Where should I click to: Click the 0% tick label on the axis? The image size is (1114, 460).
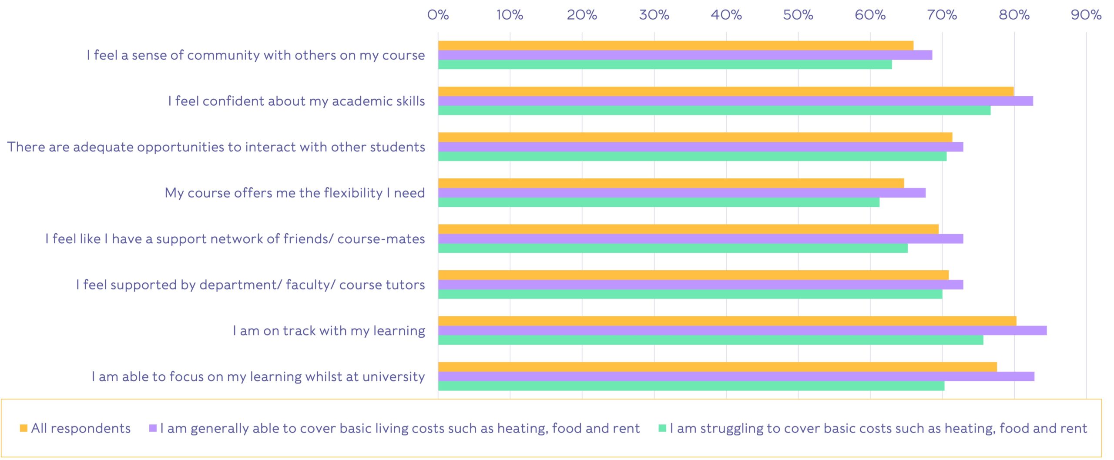(438, 15)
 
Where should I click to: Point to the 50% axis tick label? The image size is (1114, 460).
(798, 15)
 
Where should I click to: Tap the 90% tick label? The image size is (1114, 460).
(1086, 15)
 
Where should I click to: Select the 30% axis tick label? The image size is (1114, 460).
(654, 15)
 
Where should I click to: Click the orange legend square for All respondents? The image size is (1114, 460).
(23, 428)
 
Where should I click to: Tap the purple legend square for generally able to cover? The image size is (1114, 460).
(153, 428)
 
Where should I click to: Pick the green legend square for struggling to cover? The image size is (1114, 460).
(662, 428)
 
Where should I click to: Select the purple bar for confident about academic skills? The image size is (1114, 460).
(735, 101)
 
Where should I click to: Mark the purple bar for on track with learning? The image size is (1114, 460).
(742, 330)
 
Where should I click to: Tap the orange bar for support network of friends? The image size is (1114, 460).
(688, 229)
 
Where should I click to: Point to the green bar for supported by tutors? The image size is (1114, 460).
(690, 294)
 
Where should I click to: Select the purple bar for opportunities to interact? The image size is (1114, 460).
(700, 147)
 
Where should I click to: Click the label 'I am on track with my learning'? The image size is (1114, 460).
(329, 331)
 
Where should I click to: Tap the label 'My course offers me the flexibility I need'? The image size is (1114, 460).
(295, 193)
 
